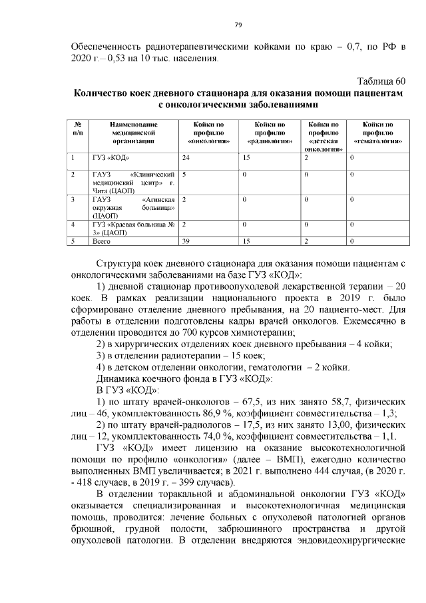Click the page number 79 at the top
point(238,25)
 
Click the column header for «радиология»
point(270,133)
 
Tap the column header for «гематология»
point(377,133)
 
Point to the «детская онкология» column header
point(323,137)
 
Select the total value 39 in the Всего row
point(186,241)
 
